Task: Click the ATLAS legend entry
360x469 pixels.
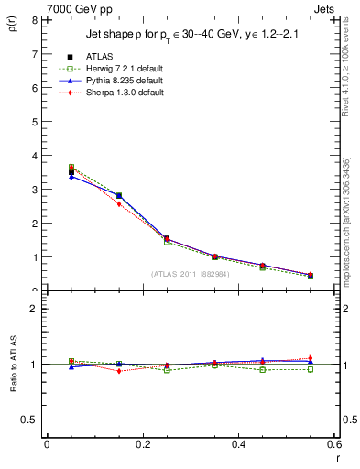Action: click(100, 57)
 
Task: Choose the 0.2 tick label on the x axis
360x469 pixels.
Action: click(142, 444)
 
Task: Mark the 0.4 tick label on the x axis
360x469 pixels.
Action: click(238, 444)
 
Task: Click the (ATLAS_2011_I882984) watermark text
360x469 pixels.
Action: click(191, 273)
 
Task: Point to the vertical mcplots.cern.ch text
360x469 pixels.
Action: click(348, 229)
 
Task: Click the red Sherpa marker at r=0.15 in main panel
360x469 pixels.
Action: click(119, 204)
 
